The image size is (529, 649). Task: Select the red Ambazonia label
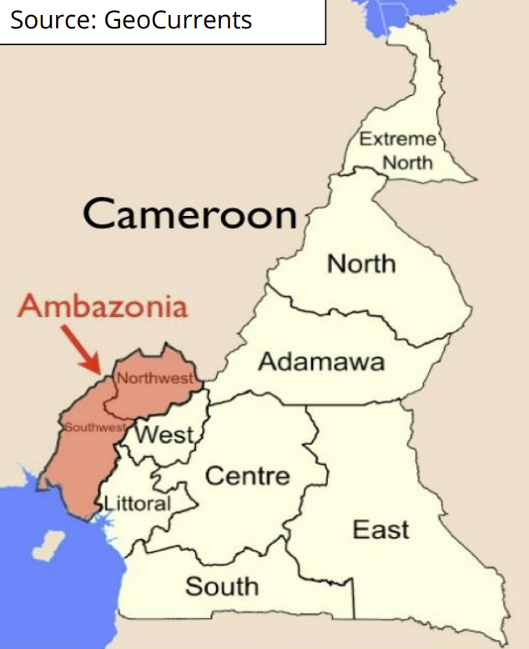pos(103,306)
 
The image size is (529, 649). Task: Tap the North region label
pos(360,264)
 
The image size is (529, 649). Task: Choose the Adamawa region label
pos(321,362)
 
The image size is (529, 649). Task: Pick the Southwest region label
pos(94,427)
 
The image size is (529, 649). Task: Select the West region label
pos(164,435)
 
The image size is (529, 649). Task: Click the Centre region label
pos(247,476)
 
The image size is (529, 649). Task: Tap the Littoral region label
pos(137,503)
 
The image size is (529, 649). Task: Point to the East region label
pos(380,529)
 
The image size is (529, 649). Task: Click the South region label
pos(222,586)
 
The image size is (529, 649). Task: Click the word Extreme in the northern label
pos(398,139)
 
